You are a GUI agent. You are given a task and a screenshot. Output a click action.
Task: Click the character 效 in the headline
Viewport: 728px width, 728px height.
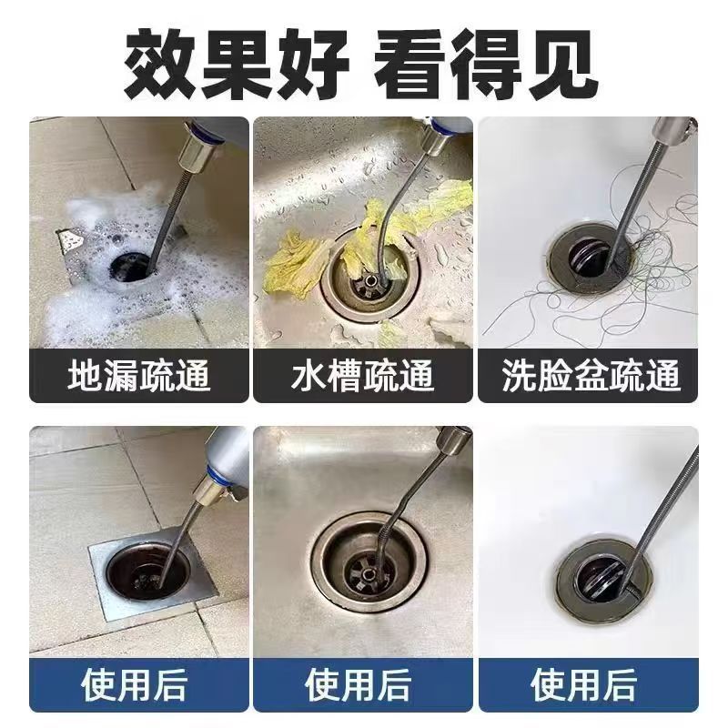pyautogui.click(x=158, y=64)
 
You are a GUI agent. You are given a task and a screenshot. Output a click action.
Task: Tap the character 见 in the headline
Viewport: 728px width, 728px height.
pyautogui.click(x=562, y=64)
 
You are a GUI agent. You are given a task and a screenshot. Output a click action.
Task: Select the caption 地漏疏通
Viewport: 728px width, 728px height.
pyautogui.click(x=139, y=375)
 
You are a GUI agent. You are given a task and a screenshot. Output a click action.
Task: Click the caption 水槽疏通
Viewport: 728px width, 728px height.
pyautogui.click(x=362, y=375)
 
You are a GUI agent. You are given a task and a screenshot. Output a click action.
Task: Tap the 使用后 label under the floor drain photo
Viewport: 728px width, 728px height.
pyautogui.click(x=134, y=684)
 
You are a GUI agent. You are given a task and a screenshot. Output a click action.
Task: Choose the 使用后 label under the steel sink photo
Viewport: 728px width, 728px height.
pyautogui.click(x=358, y=684)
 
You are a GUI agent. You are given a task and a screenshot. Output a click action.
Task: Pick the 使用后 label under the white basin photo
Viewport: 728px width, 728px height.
pyautogui.click(x=583, y=684)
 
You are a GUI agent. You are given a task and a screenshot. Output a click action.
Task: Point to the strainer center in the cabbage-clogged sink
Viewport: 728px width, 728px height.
pyautogui.click(x=370, y=281)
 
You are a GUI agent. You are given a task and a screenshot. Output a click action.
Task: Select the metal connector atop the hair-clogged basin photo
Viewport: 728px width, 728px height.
pyautogui.click(x=671, y=131)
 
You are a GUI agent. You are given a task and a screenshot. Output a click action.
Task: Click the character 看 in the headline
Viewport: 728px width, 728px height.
pyautogui.click(x=409, y=64)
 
